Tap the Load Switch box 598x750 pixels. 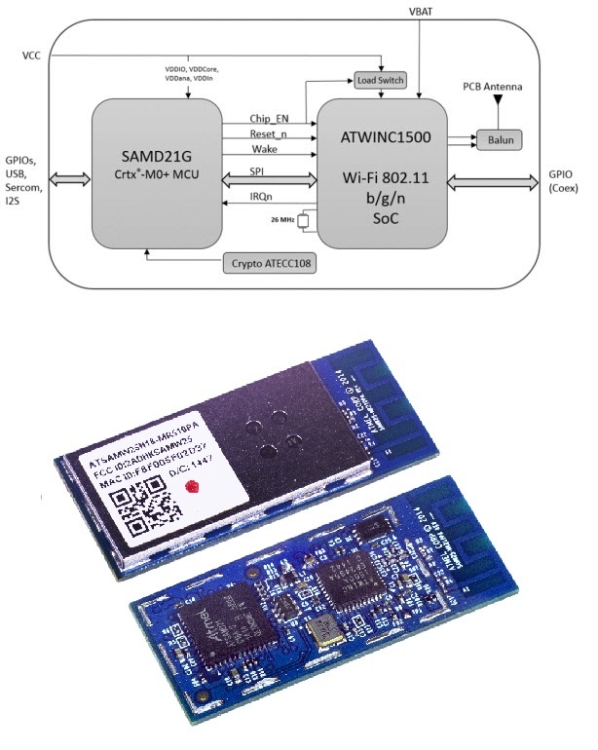(381, 80)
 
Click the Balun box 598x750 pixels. (499, 138)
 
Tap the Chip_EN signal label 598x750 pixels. (269, 118)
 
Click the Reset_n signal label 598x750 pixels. (270, 133)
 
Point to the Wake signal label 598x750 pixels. (264, 149)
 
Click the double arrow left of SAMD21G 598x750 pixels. (70, 180)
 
